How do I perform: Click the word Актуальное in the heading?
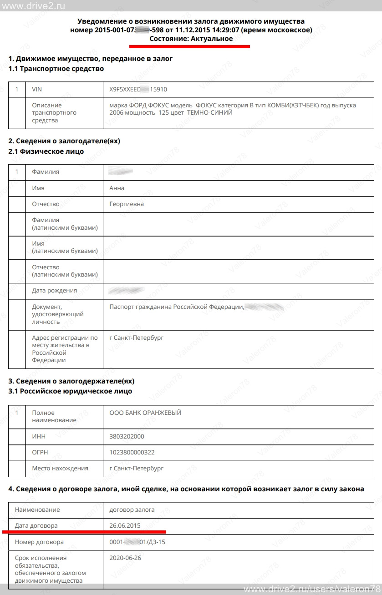[x=212, y=39]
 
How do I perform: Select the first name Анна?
[x=117, y=188]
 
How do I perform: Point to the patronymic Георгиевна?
[x=127, y=204]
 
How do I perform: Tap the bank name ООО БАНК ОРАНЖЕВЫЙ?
[x=145, y=413]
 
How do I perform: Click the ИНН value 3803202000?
[x=127, y=436]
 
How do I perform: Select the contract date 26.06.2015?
[x=125, y=525]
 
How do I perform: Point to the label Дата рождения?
[x=54, y=290]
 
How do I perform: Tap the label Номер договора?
[x=39, y=542]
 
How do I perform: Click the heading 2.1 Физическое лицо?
[x=46, y=151]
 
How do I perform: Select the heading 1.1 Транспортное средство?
[x=56, y=69]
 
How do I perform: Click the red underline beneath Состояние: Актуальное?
[x=189, y=46]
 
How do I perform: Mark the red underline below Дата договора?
[x=84, y=531]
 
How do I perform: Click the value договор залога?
[x=132, y=509]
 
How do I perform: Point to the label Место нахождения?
[x=60, y=468]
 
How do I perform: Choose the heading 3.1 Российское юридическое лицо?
[x=70, y=391]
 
